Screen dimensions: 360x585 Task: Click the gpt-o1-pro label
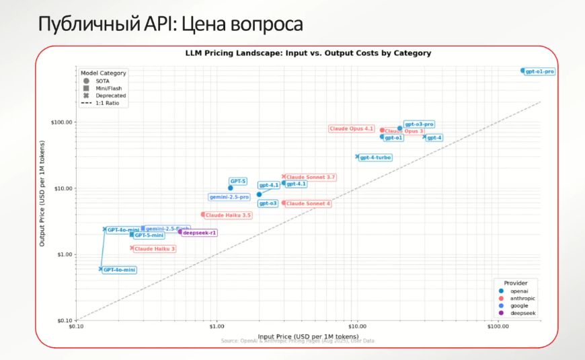pos(540,71)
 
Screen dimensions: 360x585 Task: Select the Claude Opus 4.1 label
pos(352,129)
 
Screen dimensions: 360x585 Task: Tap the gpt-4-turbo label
pos(375,157)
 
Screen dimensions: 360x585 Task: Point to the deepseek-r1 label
pos(200,232)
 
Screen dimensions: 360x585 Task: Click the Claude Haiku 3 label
pos(155,249)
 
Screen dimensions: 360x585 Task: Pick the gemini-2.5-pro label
pos(229,197)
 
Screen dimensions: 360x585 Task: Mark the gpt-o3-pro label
pos(419,124)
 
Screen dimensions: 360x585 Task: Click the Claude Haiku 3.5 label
pos(228,215)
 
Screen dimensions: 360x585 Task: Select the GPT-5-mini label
pos(149,236)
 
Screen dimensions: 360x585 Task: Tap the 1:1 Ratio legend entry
pos(107,103)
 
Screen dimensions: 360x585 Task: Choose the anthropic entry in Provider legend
pos(522,298)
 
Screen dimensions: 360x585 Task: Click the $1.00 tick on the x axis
pos(217,328)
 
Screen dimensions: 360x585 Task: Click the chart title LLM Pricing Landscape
pos(308,53)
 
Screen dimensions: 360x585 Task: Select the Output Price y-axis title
pos(42,193)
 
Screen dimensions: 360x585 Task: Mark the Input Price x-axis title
pos(309,335)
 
